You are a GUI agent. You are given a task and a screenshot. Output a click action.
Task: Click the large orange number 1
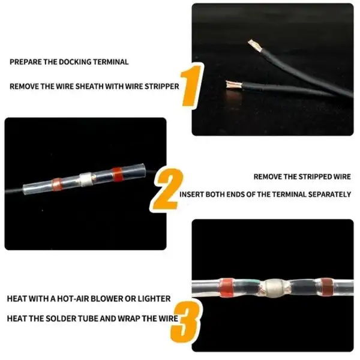tap(191, 85)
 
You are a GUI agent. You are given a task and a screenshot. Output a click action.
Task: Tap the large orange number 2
tap(167, 190)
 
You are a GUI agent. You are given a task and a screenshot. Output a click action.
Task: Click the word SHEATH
tap(89, 86)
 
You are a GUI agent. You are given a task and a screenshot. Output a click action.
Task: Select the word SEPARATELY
tap(329, 194)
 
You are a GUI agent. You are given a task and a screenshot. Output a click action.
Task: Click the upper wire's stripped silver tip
tap(256, 45)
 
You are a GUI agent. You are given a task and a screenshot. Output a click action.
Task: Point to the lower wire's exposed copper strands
tap(233, 84)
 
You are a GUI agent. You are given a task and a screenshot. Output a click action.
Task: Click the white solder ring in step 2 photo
tap(86, 179)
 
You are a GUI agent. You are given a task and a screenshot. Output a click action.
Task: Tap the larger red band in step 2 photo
tap(118, 174)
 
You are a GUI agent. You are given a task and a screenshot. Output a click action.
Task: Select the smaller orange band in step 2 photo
tap(57, 184)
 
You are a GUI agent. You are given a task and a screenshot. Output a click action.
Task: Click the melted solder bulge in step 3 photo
tap(273, 288)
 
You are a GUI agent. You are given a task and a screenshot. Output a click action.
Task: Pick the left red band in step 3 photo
tap(227, 287)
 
